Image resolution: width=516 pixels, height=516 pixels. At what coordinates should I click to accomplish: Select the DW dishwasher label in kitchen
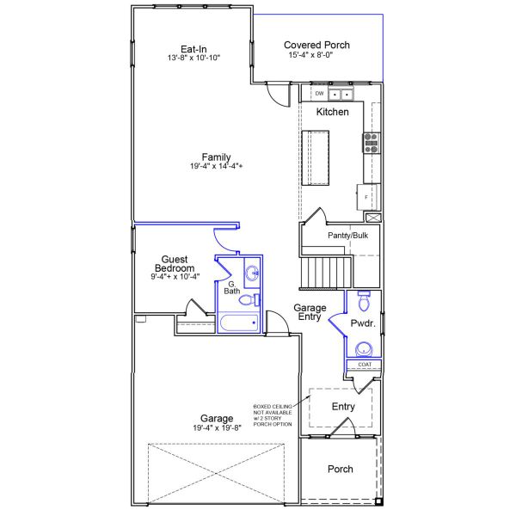(319, 93)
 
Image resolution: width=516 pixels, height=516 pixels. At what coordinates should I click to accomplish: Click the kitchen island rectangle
(316, 157)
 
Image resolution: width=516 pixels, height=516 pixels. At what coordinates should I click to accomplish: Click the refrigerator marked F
(368, 196)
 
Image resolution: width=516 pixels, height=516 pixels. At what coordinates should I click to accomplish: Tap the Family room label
(216, 157)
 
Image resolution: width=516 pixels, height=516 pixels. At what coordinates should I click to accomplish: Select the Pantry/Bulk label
(348, 235)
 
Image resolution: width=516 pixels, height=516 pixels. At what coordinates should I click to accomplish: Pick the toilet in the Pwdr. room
(363, 303)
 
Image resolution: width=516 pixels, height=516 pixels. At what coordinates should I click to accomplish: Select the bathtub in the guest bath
(238, 323)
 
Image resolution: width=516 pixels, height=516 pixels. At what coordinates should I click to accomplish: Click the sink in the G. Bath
(251, 274)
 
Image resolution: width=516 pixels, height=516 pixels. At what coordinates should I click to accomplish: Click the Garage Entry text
(308, 311)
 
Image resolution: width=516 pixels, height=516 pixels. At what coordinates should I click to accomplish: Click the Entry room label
(343, 407)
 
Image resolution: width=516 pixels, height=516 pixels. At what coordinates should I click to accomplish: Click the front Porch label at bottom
(340, 469)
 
